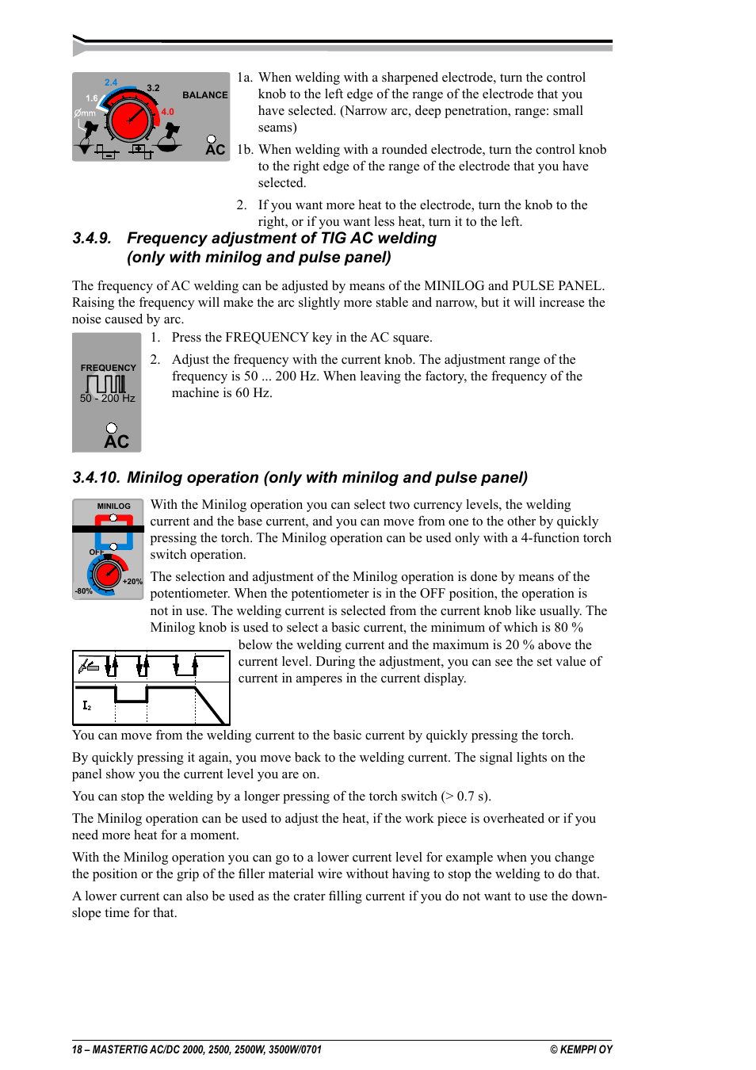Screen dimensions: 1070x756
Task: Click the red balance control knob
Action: (x=130, y=120)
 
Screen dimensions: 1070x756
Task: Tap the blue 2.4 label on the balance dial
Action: (x=111, y=82)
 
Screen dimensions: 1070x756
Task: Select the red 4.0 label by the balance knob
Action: (x=167, y=112)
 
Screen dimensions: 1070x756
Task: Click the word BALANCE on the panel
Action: (x=204, y=95)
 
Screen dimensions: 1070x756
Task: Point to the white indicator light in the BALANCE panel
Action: (x=212, y=139)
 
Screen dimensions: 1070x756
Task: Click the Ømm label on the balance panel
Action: (x=85, y=113)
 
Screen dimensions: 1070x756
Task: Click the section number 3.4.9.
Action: (x=92, y=239)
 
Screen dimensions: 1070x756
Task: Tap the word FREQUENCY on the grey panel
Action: (x=108, y=368)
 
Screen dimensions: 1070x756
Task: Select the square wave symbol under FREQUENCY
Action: (x=106, y=384)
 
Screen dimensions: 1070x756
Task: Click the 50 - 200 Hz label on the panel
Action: (x=108, y=399)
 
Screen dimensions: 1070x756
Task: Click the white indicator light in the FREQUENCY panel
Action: (x=112, y=428)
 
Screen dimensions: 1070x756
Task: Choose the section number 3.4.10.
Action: (x=96, y=478)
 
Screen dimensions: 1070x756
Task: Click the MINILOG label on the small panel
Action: (x=113, y=506)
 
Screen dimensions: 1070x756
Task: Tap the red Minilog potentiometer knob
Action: (x=107, y=571)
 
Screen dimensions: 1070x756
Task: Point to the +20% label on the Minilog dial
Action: (x=132, y=582)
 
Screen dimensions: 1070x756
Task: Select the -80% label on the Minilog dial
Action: (x=83, y=591)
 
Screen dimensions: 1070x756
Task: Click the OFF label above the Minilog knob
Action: (x=96, y=552)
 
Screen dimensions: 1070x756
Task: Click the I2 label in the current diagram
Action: (x=87, y=705)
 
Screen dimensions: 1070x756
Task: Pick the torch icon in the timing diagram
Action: (x=88, y=666)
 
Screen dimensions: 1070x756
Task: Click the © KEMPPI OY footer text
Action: (x=581, y=1049)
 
